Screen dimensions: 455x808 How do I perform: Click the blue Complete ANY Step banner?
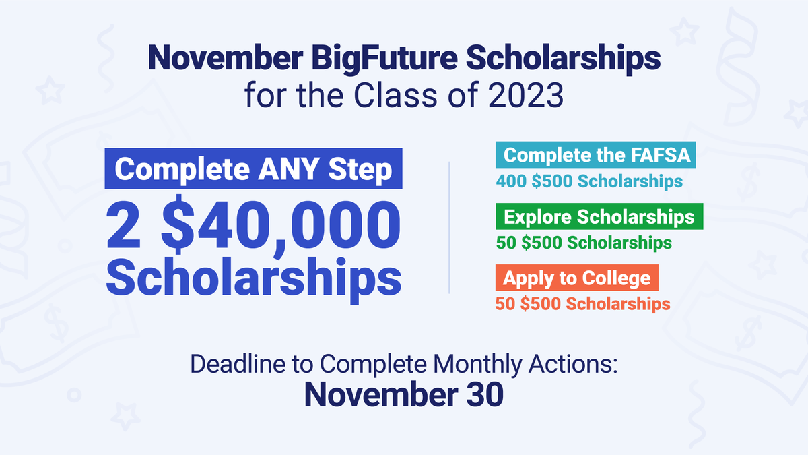point(253,169)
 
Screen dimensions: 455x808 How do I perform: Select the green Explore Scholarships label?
point(599,216)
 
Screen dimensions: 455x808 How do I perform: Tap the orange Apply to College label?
point(577,278)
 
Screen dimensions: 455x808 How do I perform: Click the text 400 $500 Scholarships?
point(589,181)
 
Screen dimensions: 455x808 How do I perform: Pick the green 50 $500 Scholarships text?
point(584,242)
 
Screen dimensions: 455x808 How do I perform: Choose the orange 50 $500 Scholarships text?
point(583,303)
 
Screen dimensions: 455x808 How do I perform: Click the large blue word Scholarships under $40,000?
point(253,278)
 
